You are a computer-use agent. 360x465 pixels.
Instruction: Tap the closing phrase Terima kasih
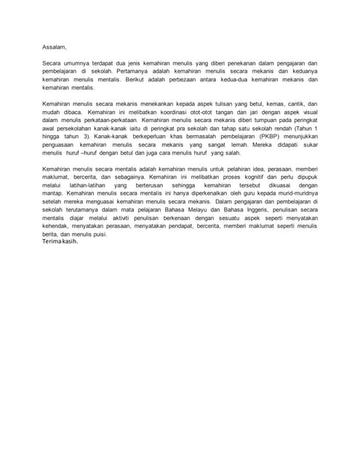click(60, 242)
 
